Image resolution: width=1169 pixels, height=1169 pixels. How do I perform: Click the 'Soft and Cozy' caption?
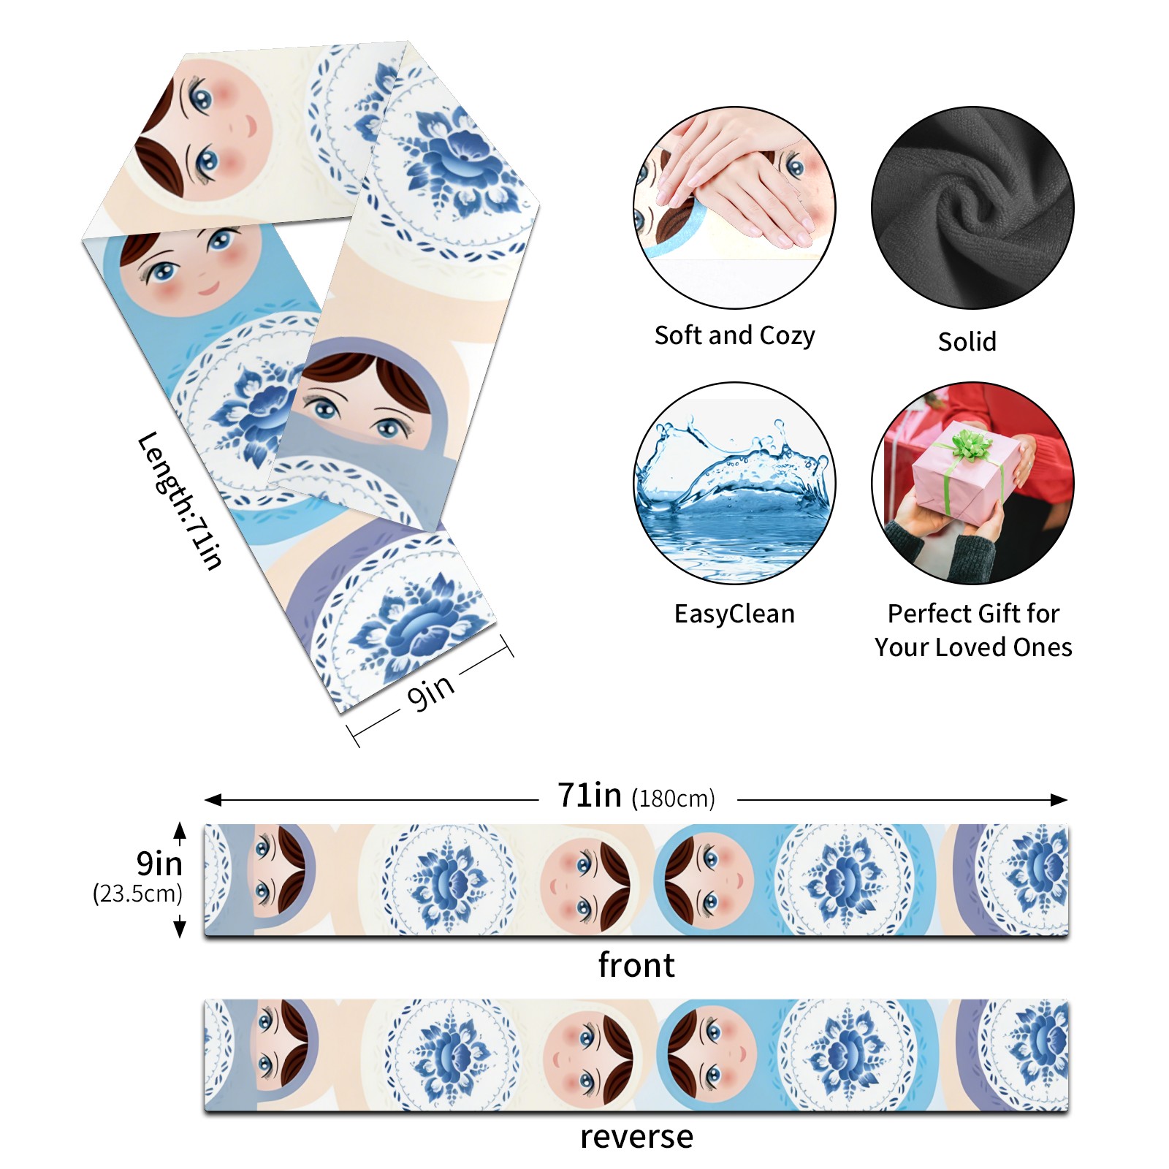click(734, 335)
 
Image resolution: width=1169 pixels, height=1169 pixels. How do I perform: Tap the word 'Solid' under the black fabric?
click(967, 341)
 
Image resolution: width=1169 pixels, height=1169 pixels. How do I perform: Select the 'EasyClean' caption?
click(734, 614)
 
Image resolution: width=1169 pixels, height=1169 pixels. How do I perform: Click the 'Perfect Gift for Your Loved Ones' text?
click(973, 630)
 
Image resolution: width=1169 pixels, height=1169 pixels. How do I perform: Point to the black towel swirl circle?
click(972, 207)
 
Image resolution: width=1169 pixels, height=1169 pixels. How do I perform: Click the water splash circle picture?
click(734, 483)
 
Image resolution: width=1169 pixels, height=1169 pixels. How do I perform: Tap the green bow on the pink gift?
click(970, 443)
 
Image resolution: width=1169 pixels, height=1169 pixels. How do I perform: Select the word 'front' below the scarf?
click(636, 965)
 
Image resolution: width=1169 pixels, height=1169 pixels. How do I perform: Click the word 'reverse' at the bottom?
click(636, 1136)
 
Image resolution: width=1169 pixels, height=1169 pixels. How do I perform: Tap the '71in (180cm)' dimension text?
click(636, 796)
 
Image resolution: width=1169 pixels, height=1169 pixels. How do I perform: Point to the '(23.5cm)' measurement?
click(137, 893)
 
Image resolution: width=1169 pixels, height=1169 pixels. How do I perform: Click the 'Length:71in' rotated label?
click(180, 500)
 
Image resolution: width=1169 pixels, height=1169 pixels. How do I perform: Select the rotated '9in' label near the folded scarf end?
click(431, 690)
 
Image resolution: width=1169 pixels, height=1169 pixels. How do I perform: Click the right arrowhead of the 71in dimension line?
click(1060, 799)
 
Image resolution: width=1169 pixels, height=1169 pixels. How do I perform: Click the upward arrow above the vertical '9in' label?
click(180, 831)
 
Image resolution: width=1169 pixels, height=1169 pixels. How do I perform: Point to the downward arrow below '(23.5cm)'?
click(180, 929)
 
